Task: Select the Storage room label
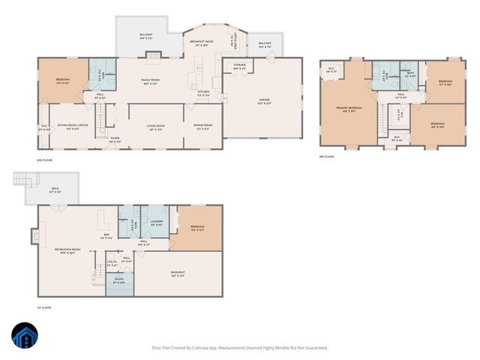(x=239, y=66)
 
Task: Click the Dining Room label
(x=203, y=126)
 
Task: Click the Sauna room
(x=119, y=283)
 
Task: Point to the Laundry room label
(x=156, y=222)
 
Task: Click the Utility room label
(x=111, y=263)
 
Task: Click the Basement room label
(x=177, y=274)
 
